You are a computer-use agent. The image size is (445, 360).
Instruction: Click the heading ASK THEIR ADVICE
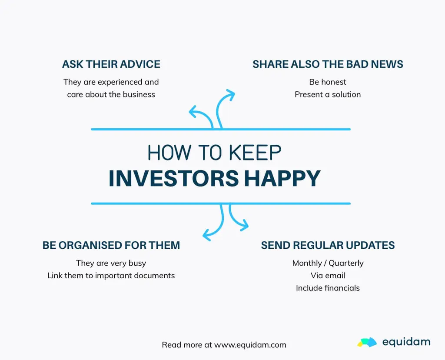click(x=111, y=64)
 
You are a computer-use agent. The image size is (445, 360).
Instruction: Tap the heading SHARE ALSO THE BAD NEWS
click(x=328, y=64)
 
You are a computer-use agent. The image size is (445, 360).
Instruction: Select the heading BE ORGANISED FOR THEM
click(x=111, y=245)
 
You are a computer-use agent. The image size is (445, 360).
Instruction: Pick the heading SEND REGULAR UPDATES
click(x=328, y=245)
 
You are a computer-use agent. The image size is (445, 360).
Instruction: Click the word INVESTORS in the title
click(x=174, y=178)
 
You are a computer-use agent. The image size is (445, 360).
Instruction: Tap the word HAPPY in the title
click(x=282, y=178)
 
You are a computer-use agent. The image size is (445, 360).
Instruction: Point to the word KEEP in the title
click(x=255, y=153)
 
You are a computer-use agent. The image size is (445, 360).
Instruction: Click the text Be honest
click(x=328, y=82)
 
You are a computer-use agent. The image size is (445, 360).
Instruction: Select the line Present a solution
click(x=328, y=94)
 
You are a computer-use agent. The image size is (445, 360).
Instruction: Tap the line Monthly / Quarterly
click(x=328, y=263)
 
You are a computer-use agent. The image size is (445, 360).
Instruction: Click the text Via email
click(x=328, y=276)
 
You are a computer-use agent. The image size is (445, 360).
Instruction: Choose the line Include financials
click(x=328, y=288)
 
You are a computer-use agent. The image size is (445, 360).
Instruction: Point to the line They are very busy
click(x=111, y=263)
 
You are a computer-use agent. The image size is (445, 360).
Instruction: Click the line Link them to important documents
click(x=111, y=276)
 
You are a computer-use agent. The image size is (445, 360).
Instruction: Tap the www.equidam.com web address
click(x=250, y=345)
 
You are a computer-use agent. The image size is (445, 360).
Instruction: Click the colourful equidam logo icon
click(x=367, y=342)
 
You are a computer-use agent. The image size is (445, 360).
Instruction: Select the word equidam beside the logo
click(x=406, y=342)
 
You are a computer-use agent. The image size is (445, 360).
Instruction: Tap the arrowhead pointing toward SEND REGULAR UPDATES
click(x=244, y=225)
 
